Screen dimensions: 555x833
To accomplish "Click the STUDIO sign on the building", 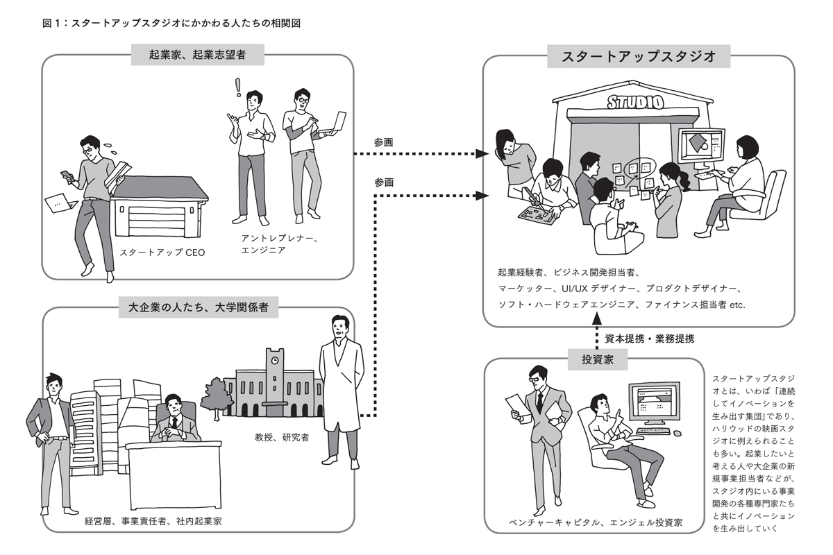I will [635, 103].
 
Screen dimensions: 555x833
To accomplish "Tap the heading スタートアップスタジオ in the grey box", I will [639, 56].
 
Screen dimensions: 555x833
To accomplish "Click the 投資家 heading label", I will [596, 359].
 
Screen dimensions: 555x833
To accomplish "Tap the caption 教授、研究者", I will [282, 438].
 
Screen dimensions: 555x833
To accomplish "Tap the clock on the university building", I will [275, 360].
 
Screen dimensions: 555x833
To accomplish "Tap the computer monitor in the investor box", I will [653, 403].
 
